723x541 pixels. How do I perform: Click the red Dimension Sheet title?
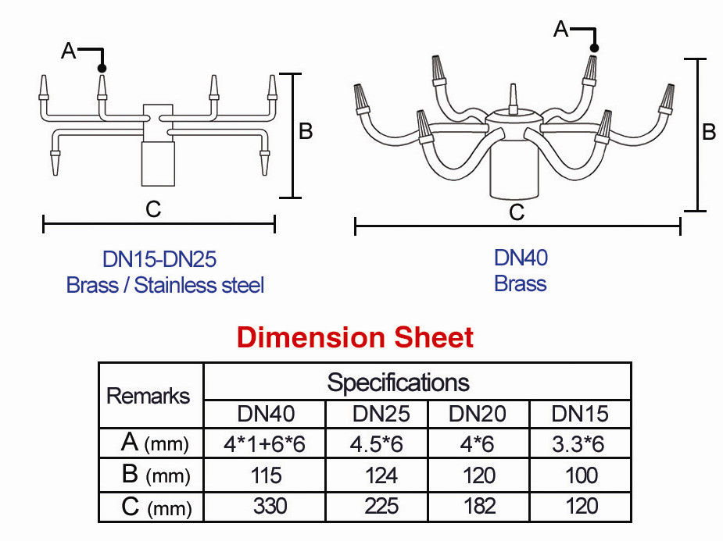coord(355,338)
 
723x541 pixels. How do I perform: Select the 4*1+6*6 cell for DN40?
coord(264,444)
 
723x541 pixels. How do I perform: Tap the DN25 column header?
coord(381,414)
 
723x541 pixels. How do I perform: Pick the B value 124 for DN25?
coord(381,475)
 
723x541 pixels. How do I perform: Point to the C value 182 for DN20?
coord(478,506)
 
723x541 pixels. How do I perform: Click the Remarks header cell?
coord(149,395)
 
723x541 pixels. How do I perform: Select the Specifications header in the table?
coord(398,383)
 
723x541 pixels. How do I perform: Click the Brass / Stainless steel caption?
coord(166,285)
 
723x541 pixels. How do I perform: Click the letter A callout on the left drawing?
coord(69,51)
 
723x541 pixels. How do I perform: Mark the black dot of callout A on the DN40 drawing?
coord(595,48)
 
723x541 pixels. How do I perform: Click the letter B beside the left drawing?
coord(306,131)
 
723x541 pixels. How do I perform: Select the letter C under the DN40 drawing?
coord(516,212)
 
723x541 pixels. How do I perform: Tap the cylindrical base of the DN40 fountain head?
coord(514,174)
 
